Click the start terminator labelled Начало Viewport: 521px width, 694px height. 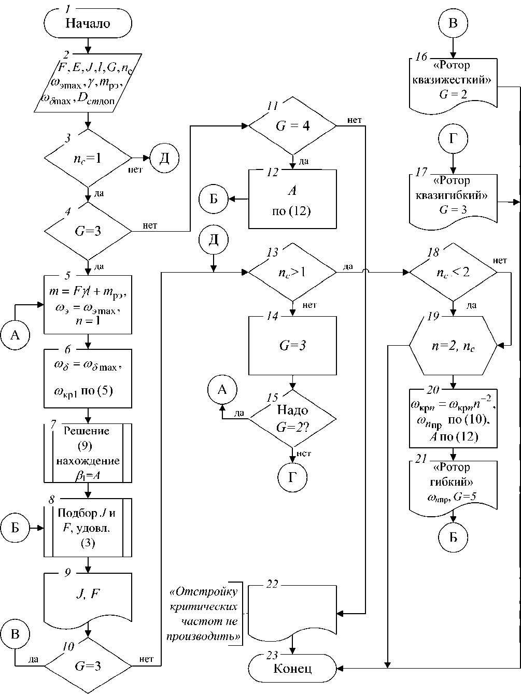click(88, 23)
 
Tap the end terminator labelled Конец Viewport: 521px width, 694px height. click(292, 668)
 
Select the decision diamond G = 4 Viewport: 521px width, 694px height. click(293, 125)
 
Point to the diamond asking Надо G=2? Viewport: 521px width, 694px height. click(293, 418)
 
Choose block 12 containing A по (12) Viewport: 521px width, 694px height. click(292, 199)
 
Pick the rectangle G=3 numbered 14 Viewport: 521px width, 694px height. click(292, 345)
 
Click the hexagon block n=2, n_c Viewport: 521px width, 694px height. click(454, 346)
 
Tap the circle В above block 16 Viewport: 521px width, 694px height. click(454, 23)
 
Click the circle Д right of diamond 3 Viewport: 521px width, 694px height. click(164, 158)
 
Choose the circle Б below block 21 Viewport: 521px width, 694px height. click(454, 536)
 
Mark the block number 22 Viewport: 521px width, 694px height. click(272, 584)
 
